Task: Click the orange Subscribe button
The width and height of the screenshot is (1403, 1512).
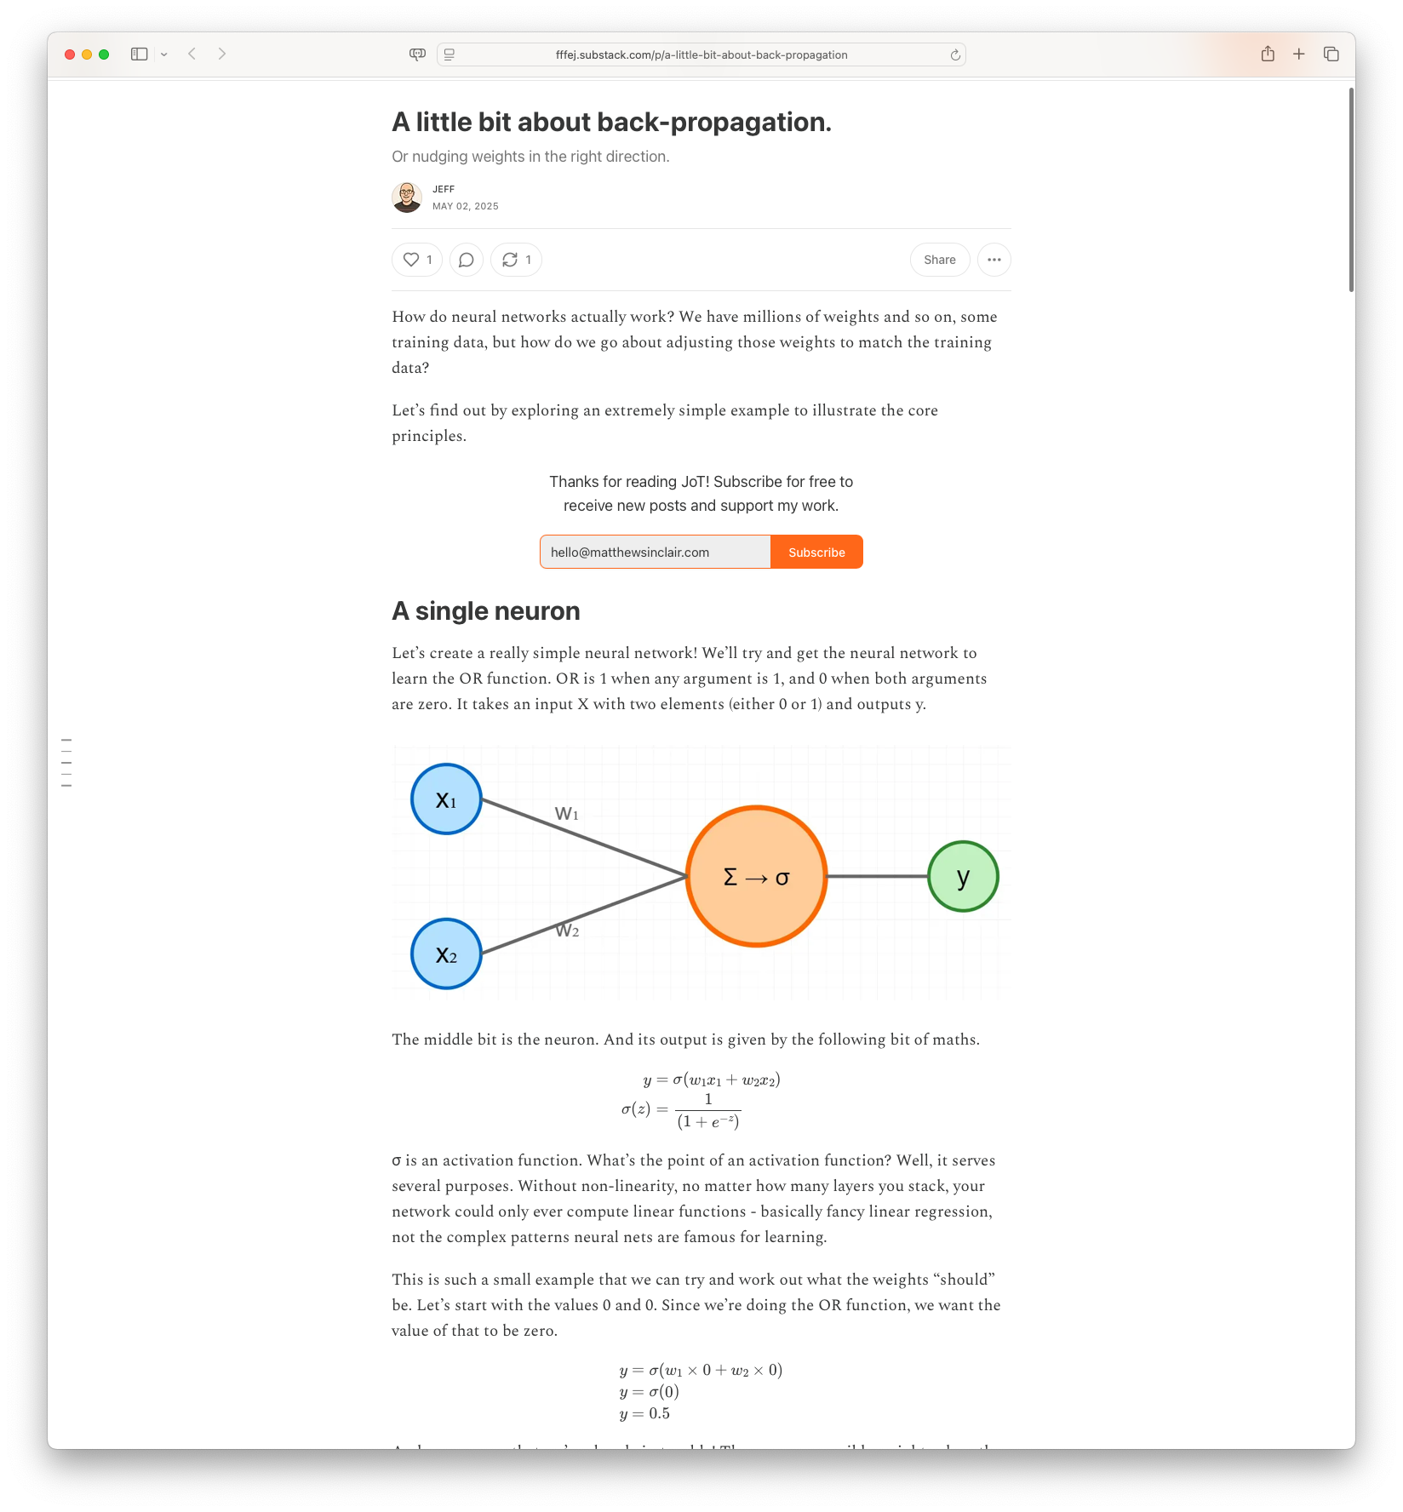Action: tap(816, 552)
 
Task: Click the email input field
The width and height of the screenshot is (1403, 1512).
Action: tap(655, 552)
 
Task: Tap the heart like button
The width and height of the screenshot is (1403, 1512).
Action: tap(416, 260)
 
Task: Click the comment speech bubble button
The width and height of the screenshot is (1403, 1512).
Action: tap(466, 260)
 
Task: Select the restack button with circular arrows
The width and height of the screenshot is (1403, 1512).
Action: tap(516, 260)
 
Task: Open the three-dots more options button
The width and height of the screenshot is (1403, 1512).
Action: tap(994, 260)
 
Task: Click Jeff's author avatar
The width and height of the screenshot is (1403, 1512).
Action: tap(407, 198)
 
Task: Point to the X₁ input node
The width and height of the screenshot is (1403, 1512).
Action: tap(446, 799)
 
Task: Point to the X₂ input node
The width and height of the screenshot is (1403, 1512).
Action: tap(446, 954)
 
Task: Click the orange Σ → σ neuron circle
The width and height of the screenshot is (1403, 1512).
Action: tap(756, 876)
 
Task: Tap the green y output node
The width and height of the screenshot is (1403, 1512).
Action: tap(963, 876)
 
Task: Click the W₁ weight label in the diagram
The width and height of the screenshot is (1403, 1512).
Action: tap(567, 814)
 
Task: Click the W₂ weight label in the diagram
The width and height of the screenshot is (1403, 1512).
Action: tap(567, 931)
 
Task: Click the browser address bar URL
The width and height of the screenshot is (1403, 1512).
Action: tap(701, 54)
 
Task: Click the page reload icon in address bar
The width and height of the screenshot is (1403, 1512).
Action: tap(955, 54)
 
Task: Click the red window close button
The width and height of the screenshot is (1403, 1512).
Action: tap(70, 54)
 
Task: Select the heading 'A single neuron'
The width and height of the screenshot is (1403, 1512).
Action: tap(485, 611)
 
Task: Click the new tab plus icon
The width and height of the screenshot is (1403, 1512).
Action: tap(1298, 54)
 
